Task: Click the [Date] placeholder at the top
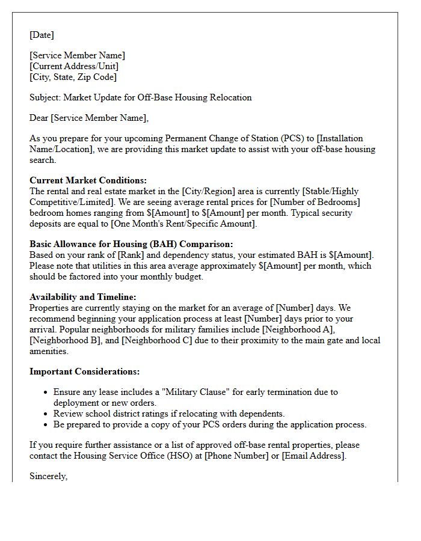point(42,35)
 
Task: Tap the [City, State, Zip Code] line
point(73,77)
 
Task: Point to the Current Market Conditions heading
point(88,180)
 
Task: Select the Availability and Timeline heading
point(83,297)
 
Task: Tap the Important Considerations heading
point(85,371)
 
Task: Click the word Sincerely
point(49,476)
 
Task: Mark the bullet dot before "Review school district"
point(46,414)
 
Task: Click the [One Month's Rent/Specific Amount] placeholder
point(188,224)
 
